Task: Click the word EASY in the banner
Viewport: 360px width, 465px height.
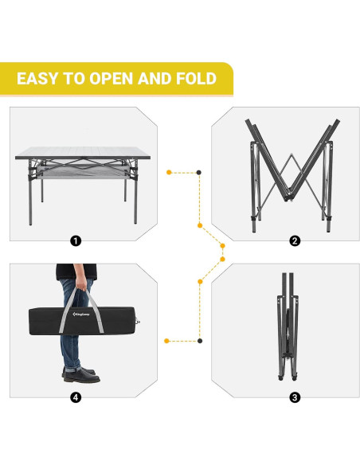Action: [37, 79]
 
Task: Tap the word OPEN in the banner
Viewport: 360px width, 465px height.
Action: [111, 79]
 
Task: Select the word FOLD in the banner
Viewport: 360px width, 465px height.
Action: [196, 79]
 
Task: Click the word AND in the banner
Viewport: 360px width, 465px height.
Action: [155, 79]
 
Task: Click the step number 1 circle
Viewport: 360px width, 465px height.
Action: [76, 240]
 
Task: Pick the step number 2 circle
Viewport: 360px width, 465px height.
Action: [295, 240]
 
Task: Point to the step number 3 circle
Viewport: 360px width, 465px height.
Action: [295, 397]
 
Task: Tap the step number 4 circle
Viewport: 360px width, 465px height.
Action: [76, 397]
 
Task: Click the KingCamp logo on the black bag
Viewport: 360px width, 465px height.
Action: [81, 314]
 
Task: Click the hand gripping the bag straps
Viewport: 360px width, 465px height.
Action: [81, 284]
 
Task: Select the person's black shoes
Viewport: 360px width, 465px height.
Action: [81, 375]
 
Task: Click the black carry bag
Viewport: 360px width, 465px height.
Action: [83, 321]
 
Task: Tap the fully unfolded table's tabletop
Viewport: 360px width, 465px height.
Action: [83, 153]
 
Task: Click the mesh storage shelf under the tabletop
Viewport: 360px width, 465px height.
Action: [83, 172]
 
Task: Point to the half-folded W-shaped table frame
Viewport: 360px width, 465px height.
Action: [292, 175]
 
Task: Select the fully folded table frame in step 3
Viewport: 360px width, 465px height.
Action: [287, 326]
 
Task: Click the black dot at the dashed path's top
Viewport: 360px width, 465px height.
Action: [199, 172]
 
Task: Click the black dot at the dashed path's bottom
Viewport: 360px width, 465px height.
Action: [200, 341]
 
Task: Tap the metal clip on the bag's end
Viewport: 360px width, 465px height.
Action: [138, 322]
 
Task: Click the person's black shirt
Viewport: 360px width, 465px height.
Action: [76, 272]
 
